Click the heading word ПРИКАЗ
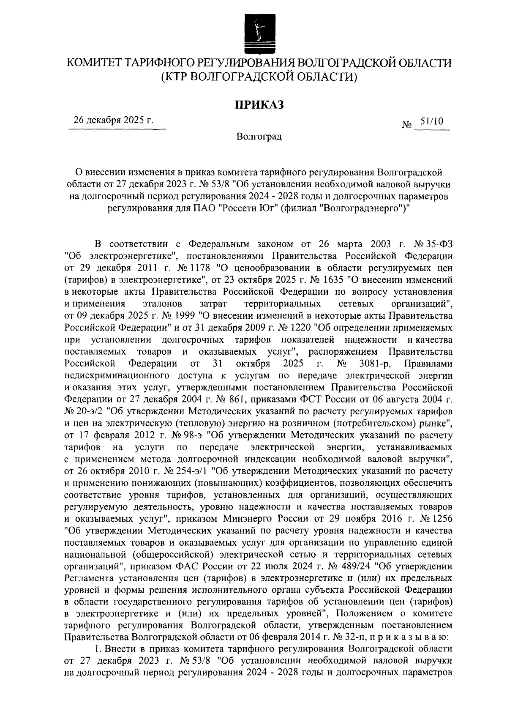pos(259,104)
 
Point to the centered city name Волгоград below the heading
pos(259,137)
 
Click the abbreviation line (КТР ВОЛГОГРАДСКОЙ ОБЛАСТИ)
pos(259,77)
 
